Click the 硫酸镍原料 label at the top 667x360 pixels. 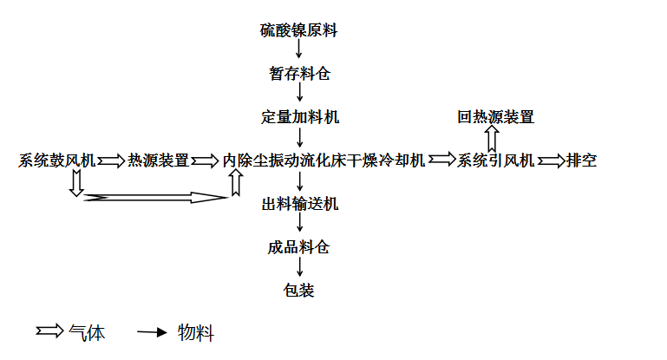click(298, 30)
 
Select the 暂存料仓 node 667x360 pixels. click(299, 74)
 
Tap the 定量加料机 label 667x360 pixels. click(300, 117)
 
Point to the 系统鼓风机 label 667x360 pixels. click(57, 160)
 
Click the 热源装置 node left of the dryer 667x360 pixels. click(158, 160)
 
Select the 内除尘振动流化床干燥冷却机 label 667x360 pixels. click(324, 160)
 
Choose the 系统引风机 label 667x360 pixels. click(495, 160)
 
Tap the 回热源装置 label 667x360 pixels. click(495, 117)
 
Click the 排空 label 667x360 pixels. click(581, 160)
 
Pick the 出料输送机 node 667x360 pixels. click(300, 204)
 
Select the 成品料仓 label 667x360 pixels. click(298, 247)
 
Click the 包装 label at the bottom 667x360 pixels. click(298, 291)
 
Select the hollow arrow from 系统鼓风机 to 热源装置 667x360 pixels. click(111, 161)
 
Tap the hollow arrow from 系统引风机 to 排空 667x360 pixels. click(551, 161)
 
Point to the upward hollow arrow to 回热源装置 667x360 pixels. click(492, 140)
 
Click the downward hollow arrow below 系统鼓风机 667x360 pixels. click(76, 183)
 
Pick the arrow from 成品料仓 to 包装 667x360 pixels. click(299, 267)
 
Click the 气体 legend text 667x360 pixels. click(87, 333)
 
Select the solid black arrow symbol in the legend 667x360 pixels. click(152, 332)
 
